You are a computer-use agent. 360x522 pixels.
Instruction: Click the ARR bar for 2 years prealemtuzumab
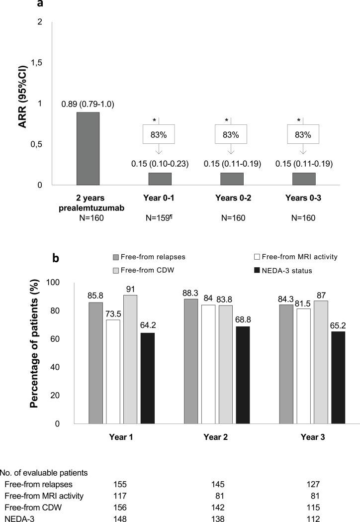(88, 149)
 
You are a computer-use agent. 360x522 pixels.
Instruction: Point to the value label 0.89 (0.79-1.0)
(88, 104)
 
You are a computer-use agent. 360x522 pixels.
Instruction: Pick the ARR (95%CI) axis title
(23, 100)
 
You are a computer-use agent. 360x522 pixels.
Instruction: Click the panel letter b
(57, 259)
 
